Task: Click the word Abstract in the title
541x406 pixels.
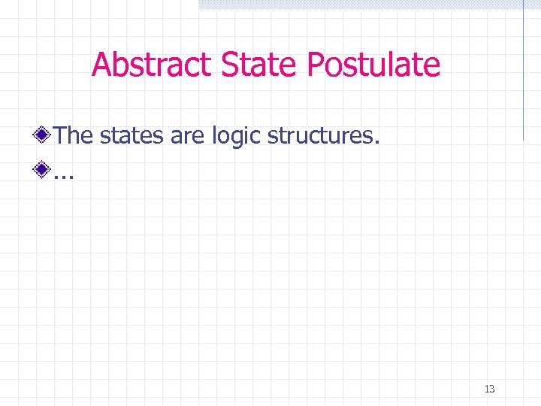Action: click(153, 65)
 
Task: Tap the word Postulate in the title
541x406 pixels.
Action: click(373, 65)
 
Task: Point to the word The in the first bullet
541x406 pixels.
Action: click(74, 136)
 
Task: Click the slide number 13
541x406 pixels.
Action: click(489, 389)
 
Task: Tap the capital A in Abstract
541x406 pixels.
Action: click(102, 65)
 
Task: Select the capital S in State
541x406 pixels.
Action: click(232, 65)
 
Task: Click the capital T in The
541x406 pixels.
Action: click(62, 136)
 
